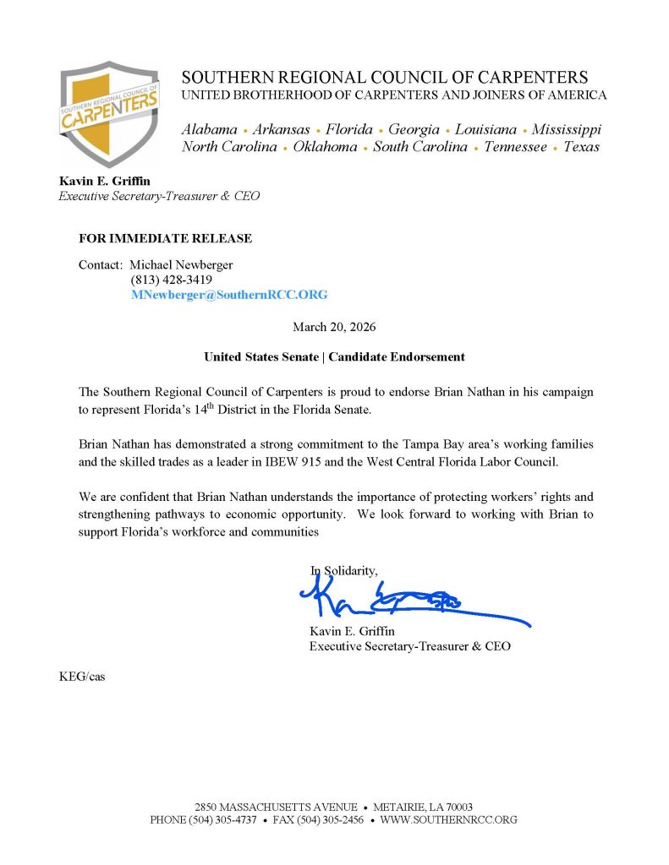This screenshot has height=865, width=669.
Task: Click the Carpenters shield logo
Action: pos(109,113)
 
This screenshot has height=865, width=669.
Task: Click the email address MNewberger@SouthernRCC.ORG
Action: pos(228,295)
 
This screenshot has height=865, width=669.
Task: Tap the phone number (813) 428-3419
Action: pos(171,280)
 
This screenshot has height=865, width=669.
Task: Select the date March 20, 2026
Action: pos(334,326)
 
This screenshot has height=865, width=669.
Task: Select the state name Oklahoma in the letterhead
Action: pos(325,147)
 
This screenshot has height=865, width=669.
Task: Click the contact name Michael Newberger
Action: pos(180,264)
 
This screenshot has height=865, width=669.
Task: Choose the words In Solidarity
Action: pos(343,571)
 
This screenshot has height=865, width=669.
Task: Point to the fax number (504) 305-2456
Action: pos(317,819)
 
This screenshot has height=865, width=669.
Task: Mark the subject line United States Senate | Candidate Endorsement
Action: pos(334,356)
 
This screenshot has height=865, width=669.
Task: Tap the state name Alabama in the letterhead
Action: pos(209,129)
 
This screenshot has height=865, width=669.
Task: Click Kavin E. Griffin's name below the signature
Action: pos(352,631)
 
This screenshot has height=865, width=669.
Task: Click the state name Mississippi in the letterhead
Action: pos(566,129)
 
